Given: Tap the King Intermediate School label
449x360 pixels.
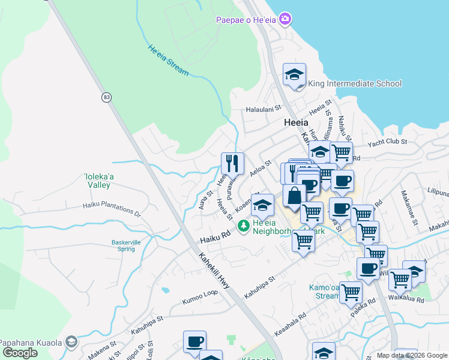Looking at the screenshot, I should (355, 83).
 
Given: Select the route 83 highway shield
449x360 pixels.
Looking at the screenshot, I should (106, 97).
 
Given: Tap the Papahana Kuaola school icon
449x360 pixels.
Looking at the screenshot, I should (71, 342).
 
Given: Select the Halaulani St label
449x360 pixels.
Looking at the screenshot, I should (264, 109).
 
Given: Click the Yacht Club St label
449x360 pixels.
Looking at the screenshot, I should (388, 142).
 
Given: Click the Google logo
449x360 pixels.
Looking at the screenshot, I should (20, 353).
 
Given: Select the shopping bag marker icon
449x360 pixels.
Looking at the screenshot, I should (295, 196).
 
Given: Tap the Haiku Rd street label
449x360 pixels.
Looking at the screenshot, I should (215, 237).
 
